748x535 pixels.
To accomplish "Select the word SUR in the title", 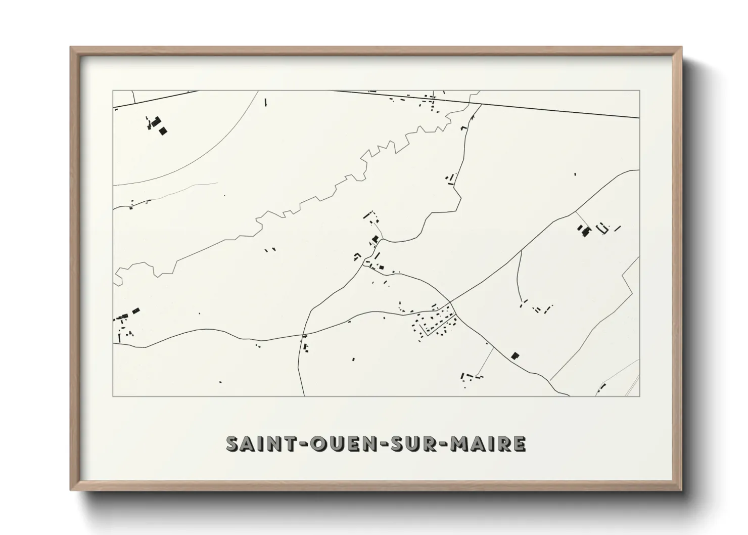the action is (411, 443).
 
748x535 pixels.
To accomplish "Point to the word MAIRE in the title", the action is (488, 443).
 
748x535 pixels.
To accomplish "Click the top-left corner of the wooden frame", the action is (71, 48).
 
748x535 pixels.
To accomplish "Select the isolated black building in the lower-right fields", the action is (515, 355).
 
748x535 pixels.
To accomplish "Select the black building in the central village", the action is (375, 239).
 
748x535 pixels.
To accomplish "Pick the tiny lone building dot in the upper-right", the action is (575, 174).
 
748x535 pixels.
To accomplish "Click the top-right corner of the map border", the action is (639, 91).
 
